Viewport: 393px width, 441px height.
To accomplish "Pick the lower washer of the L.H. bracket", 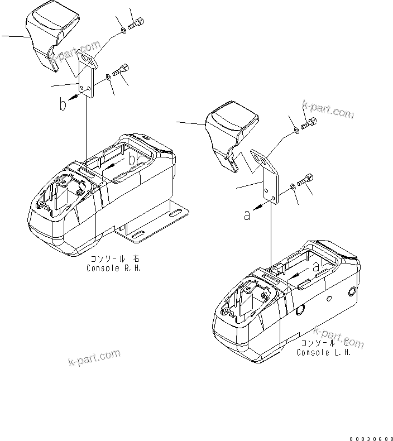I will coord(293,186).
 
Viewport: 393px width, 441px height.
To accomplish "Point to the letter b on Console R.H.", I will coord(132,160).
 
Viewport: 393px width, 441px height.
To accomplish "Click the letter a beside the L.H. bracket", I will coord(246,214).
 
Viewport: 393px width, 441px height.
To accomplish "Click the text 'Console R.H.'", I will coord(114,267).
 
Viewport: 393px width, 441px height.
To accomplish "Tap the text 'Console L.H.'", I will coord(323,352).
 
